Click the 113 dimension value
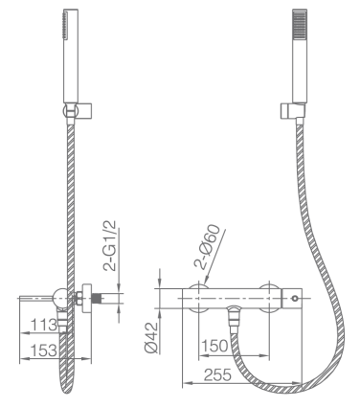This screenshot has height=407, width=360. tap(44, 326)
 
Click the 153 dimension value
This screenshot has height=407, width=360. tap(44, 350)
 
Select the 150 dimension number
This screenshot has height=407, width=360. tap(215, 346)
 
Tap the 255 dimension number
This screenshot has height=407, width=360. tap(217, 374)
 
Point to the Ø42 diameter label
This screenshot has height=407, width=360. tap(151, 337)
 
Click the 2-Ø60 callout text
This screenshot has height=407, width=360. tap(207, 247)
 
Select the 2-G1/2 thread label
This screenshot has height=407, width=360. tap(109, 246)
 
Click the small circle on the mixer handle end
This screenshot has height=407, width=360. tap(295, 299)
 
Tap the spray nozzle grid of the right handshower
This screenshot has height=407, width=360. tap(300, 25)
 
